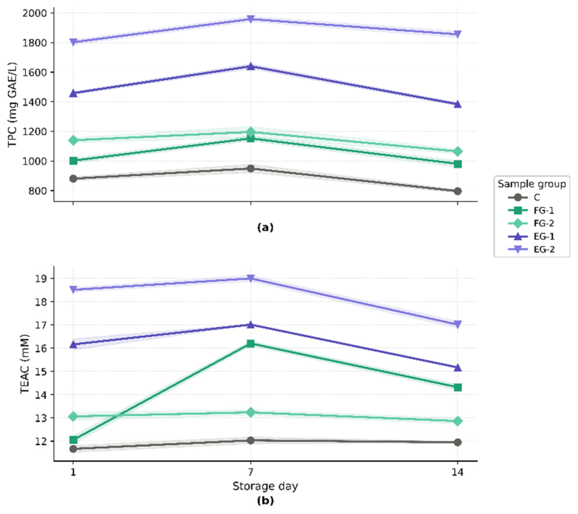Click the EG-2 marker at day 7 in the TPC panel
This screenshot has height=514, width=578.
click(x=251, y=19)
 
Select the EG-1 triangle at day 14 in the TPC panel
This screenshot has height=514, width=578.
click(x=458, y=104)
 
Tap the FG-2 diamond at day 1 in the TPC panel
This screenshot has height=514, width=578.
click(x=74, y=140)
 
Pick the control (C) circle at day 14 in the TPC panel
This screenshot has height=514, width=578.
click(x=458, y=191)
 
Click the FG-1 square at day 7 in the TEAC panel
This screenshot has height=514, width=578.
click(x=251, y=344)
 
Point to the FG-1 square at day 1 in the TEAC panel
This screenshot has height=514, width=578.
click(x=74, y=440)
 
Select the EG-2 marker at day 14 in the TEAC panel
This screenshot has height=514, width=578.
click(x=458, y=325)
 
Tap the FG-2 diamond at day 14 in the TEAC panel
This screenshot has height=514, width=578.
click(x=458, y=421)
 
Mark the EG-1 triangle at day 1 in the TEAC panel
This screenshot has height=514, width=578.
click(x=74, y=344)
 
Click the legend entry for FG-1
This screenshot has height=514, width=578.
click(x=531, y=211)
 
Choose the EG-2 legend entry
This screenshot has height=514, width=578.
click(x=531, y=249)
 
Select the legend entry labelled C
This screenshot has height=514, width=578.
click(x=524, y=198)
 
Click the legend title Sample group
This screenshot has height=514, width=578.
click(x=532, y=184)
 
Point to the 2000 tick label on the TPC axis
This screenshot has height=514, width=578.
click(x=35, y=13)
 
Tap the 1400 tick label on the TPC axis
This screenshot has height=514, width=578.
click(x=35, y=102)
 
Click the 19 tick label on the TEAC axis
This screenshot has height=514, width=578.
click(x=40, y=279)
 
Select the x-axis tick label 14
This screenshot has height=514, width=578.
click(x=458, y=472)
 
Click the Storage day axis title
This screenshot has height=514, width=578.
click(x=265, y=487)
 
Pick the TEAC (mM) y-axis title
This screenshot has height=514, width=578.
click(x=25, y=364)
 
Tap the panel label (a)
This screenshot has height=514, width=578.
click(x=265, y=227)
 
